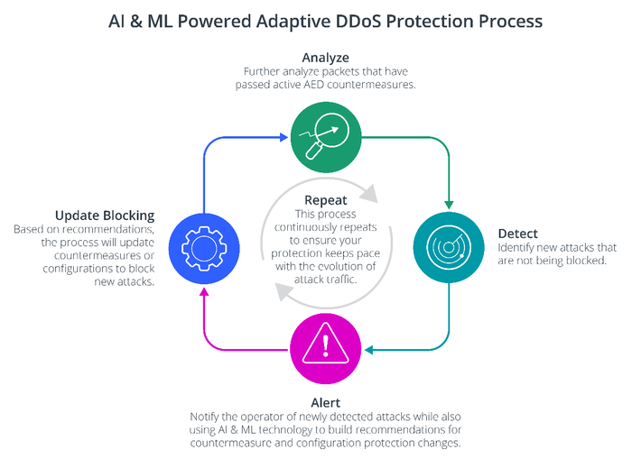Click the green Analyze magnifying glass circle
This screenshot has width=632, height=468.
pyautogui.click(x=324, y=137)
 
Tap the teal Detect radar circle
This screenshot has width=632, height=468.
pyautogui.click(x=449, y=243)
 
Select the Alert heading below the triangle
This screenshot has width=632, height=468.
pyautogui.click(x=324, y=403)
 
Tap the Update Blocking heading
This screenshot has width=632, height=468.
pyautogui.click(x=105, y=216)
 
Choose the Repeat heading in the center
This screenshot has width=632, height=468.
pyautogui.click(x=324, y=200)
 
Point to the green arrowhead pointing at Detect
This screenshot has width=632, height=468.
pyautogui.click(x=449, y=205)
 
